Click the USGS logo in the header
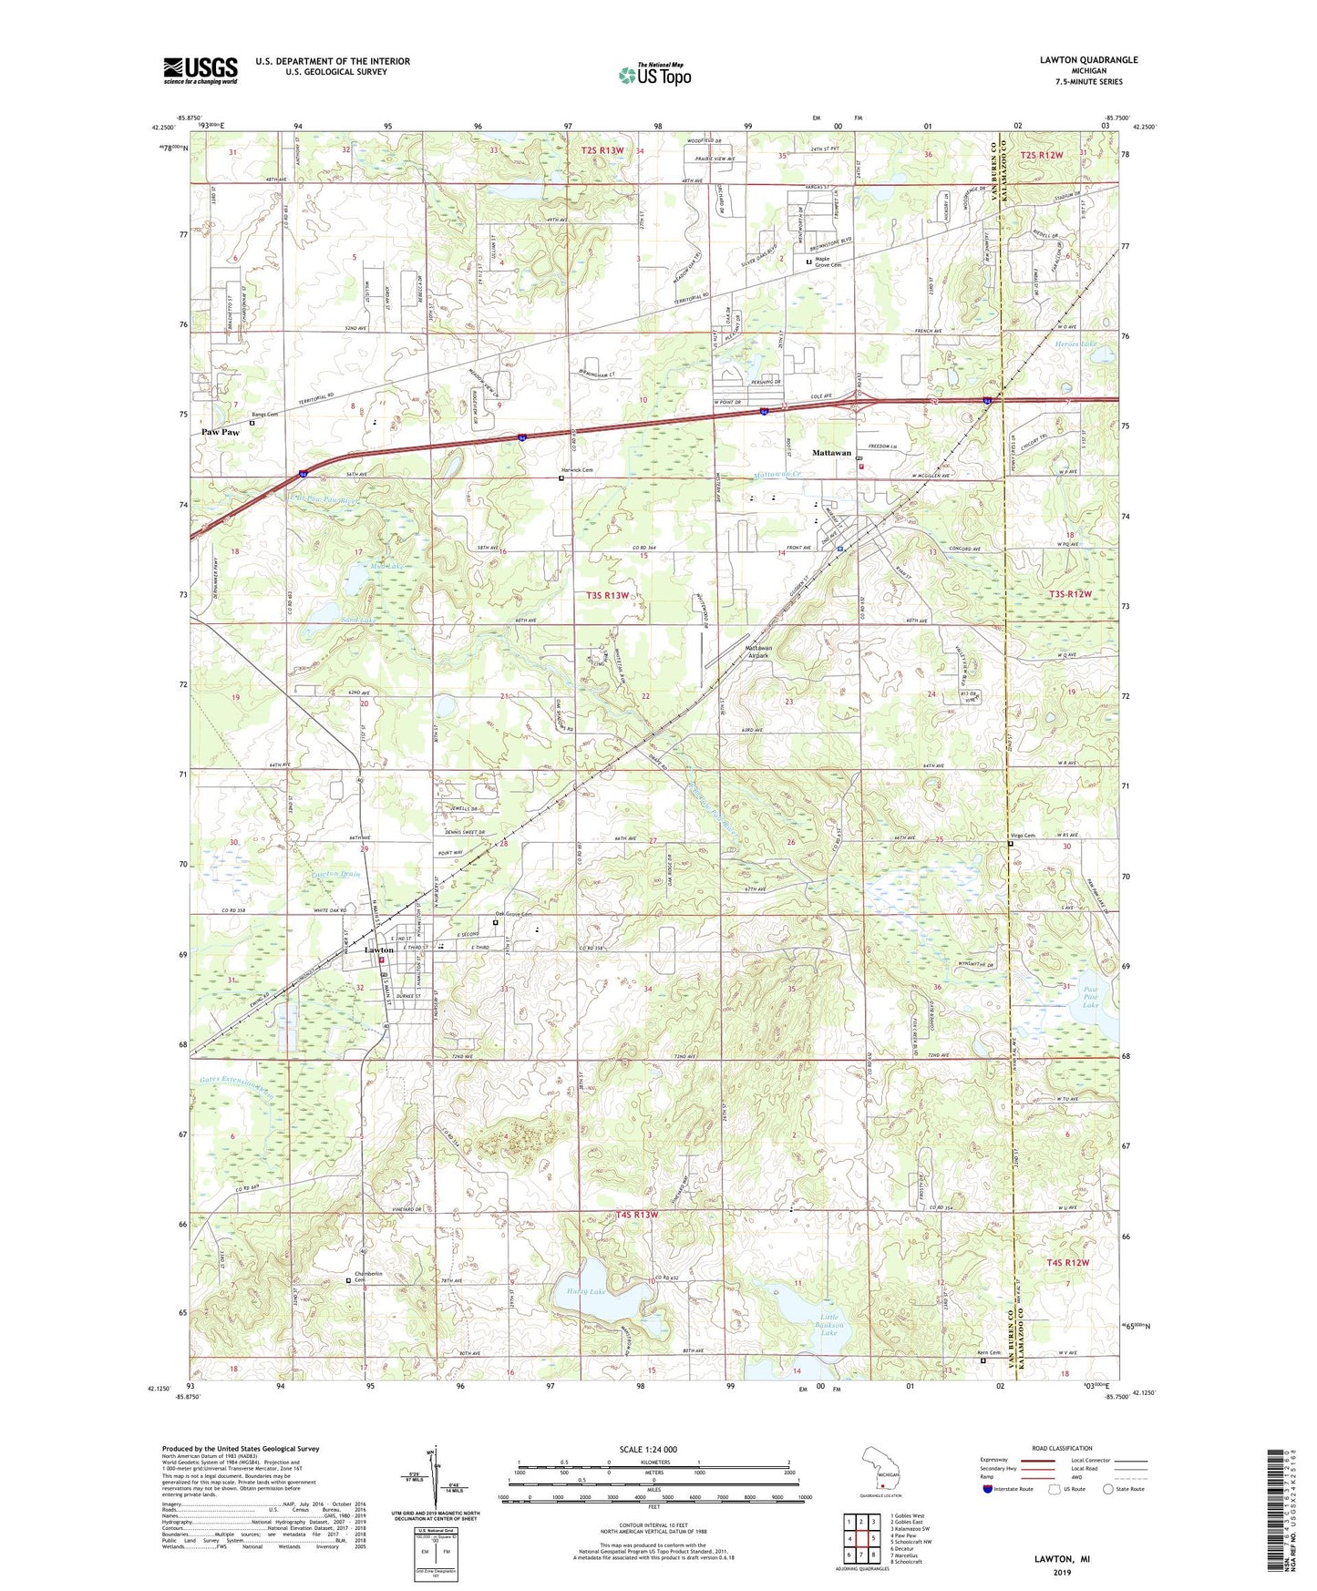[201, 70]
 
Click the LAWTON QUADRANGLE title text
[1088, 60]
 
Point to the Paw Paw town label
[220, 432]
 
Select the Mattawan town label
[831, 452]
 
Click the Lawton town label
[378, 949]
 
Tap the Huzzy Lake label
[585, 1291]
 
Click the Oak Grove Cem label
[512, 915]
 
